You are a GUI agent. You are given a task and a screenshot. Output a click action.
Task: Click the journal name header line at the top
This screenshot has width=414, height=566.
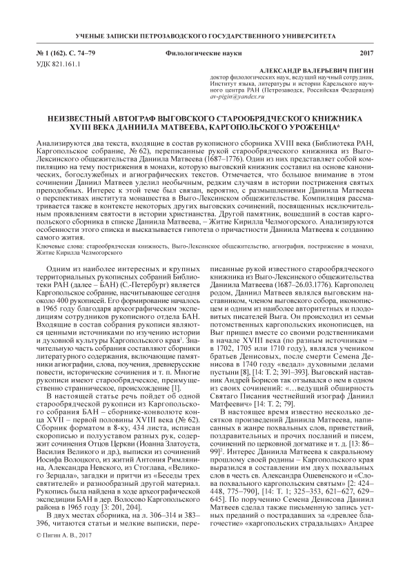(206, 35)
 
